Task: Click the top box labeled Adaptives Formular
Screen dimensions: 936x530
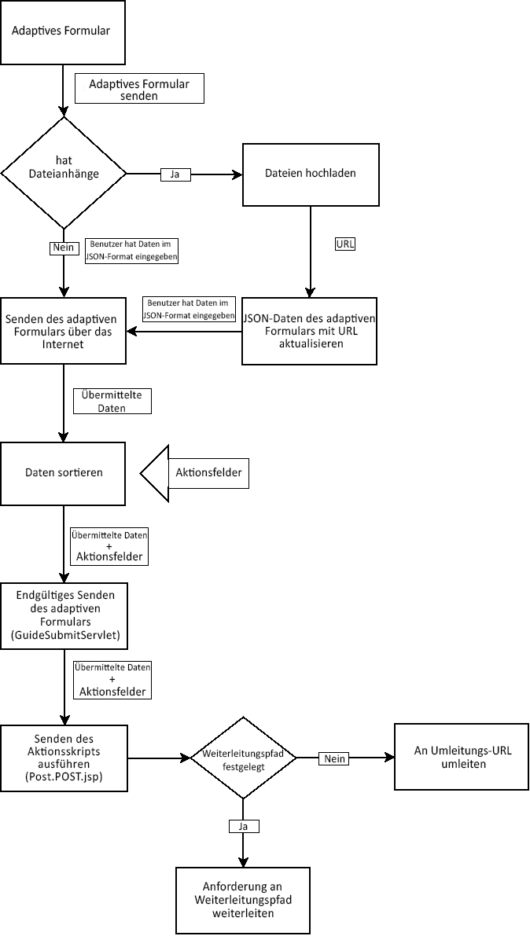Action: (x=63, y=32)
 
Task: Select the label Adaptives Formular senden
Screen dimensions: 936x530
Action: (x=139, y=90)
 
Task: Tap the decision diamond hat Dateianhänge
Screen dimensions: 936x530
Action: (x=64, y=173)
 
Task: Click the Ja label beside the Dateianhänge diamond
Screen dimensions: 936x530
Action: (x=175, y=174)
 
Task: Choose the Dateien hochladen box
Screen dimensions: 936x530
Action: (x=311, y=174)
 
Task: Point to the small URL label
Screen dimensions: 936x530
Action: (x=345, y=244)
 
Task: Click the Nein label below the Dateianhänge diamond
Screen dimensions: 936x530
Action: (x=63, y=248)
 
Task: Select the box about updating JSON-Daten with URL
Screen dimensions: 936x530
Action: (x=310, y=331)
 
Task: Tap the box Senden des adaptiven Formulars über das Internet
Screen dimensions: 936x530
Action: (x=63, y=331)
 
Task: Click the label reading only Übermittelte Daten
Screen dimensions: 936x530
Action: (x=111, y=401)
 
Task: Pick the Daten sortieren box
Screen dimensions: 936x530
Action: (x=63, y=473)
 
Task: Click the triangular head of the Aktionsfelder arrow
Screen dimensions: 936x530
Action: (x=155, y=473)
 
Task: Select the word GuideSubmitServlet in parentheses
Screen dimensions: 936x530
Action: (x=63, y=633)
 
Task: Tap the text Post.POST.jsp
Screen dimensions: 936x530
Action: (x=63, y=776)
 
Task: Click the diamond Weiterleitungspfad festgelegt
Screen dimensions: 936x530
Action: (x=243, y=758)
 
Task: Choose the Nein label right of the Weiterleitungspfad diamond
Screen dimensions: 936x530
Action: (x=334, y=758)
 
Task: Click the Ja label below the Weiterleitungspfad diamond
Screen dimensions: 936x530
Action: (x=243, y=826)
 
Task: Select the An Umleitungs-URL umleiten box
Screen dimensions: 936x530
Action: (x=462, y=757)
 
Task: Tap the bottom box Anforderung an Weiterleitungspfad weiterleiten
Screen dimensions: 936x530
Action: (x=243, y=900)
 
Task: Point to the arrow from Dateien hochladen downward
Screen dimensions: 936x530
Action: (x=311, y=251)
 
